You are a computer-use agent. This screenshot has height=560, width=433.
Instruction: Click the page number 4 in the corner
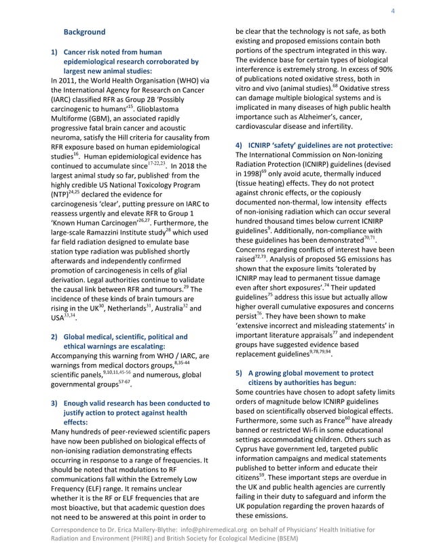click(393, 11)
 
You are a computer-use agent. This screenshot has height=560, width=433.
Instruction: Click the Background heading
click(84, 32)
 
